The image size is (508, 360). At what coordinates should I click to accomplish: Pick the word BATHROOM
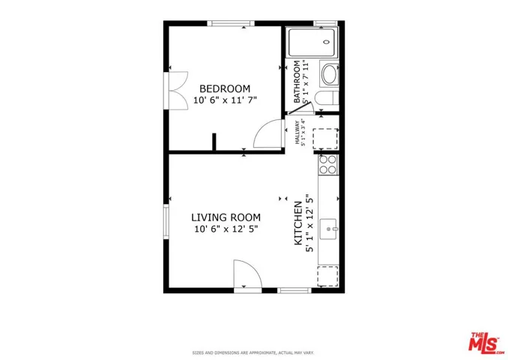(x=297, y=82)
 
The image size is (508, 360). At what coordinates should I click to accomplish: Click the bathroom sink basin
(x=330, y=74)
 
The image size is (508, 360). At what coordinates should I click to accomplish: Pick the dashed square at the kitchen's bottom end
(x=328, y=275)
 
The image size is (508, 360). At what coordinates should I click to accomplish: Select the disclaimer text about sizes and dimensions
(x=253, y=351)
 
